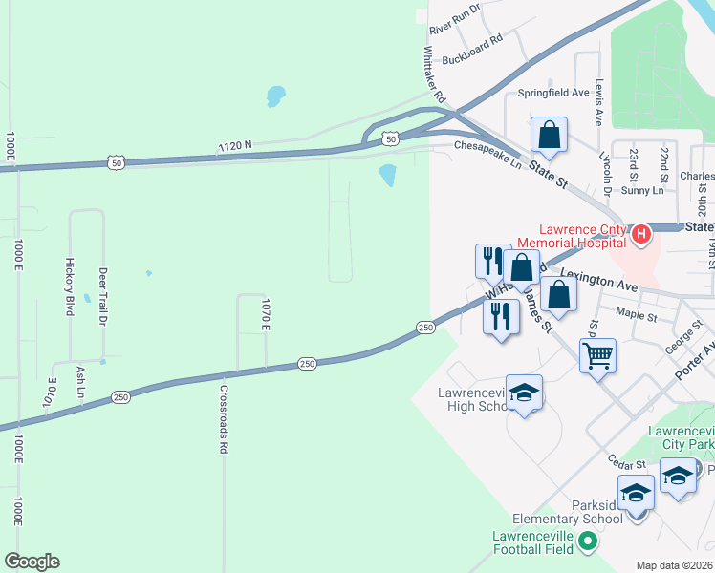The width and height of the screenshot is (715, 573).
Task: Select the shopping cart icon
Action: pyautogui.click(x=597, y=356)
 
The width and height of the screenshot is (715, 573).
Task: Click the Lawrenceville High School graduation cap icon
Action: pyautogui.click(x=524, y=393)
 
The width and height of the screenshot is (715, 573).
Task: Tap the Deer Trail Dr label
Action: pyautogui.click(x=103, y=296)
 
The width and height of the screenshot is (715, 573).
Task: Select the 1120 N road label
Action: pyautogui.click(x=234, y=145)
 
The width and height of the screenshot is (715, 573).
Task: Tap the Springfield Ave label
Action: pyautogui.click(x=553, y=93)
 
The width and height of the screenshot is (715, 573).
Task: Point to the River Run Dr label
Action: pyautogui.click(x=454, y=18)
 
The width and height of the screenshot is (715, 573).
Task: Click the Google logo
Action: pyautogui.click(x=32, y=562)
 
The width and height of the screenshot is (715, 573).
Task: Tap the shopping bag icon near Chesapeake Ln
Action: pyautogui.click(x=550, y=136)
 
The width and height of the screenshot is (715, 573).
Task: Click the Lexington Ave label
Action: pyautogui.click(x=598, y=285)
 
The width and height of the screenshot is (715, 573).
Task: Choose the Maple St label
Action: pyautogui.click(x=637, y=312)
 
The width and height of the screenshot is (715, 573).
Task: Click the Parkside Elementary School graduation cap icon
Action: pyautogui.click(x=636, y=494)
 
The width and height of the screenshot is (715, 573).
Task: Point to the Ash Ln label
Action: pyautogui.click(x=80, y=383)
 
